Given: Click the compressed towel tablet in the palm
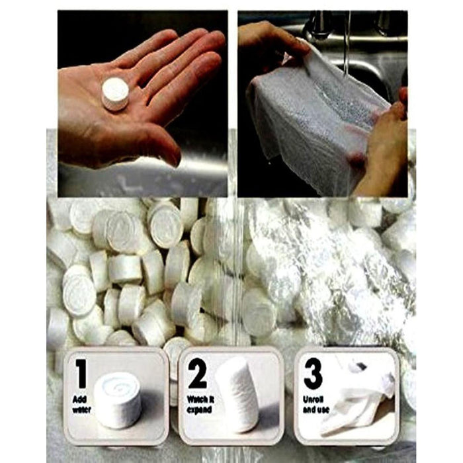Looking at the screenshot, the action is pos(116,94).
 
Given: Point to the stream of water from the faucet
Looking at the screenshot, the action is pos(347,44).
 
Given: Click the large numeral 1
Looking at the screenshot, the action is pos(80,374).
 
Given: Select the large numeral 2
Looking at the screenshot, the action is pos(197,374).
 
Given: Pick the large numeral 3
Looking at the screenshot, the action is pos(313,374).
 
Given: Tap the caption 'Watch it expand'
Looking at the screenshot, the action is pos(200,405).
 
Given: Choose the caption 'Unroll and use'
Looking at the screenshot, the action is pos(316,405).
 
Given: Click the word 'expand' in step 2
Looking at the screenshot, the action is pos(199,410).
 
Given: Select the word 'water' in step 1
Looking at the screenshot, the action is pos(81,410).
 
